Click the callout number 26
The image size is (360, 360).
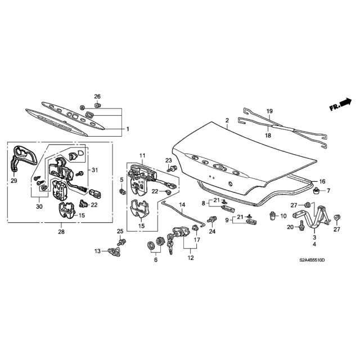(x=97, y=96)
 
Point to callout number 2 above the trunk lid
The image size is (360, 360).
(x=227, y=121)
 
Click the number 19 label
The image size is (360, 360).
(x=269, y=111)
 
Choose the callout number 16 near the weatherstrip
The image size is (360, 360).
(x=322, y=182)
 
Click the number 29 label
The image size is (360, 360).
(x=13, y=181)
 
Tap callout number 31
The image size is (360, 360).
(x=94, y=170)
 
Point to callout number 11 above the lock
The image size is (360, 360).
(x=142, y=155)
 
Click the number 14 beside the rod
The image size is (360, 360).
(x=182, y=204)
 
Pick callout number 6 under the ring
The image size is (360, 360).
(x=156, y=260)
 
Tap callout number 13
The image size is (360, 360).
(x=97, y=251)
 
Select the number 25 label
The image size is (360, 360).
(x=119, y=231)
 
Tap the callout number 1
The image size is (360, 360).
(x=128, y=129)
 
